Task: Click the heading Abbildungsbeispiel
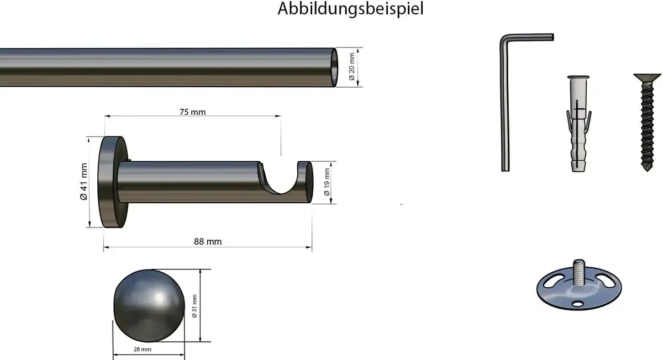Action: tap(350, 9)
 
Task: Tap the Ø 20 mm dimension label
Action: tap(351, 67)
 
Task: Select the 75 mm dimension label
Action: tap(192, 112)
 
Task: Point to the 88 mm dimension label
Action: tap(208, 242)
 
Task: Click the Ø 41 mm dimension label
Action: tap(84, 182)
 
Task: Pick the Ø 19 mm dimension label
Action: tap(327, 182)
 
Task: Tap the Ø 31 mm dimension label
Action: tap(194, 306)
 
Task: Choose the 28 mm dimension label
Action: tap(143, 350)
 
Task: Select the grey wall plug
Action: tap(578, 124)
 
